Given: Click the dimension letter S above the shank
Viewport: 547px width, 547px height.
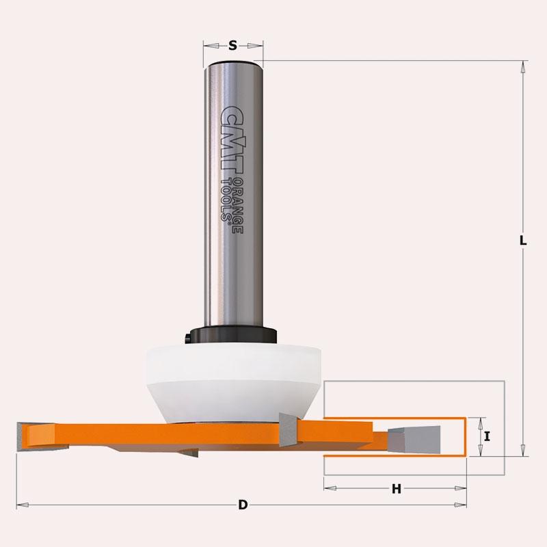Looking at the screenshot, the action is pos(232,45).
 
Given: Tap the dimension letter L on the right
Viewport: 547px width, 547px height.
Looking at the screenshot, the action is pos(522,241).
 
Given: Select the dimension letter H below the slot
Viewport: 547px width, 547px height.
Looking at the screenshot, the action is pos(397,489).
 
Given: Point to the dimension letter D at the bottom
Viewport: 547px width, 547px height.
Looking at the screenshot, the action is pos(243,505).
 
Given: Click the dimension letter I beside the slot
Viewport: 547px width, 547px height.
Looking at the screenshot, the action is pos(488,436).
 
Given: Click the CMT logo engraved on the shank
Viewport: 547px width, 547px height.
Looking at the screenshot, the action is pos(232,139).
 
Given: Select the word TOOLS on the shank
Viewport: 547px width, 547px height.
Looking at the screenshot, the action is pos(227,200).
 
